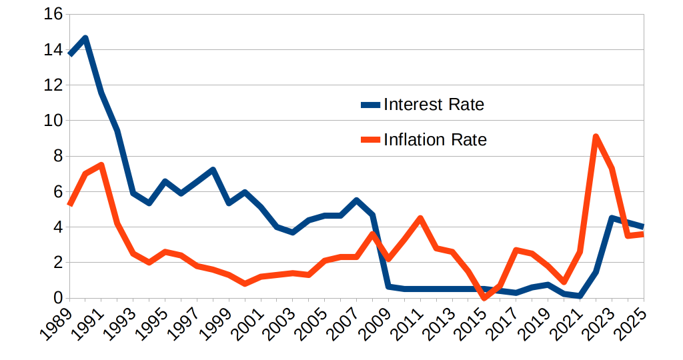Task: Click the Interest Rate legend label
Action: pos(434,105)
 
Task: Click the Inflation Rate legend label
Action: pos(435,140)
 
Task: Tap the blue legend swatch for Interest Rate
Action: pos(370,105)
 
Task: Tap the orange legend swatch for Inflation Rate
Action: pos(370,140)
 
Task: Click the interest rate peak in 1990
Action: pos(85,38)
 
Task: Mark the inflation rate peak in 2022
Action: pos(596,137)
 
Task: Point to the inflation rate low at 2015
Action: pos(484,297)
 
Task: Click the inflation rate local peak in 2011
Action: pos(420,218)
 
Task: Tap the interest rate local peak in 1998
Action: pos(213,170)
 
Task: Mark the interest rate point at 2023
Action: pos(612,218)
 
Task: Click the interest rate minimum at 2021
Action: pos(580,295)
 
